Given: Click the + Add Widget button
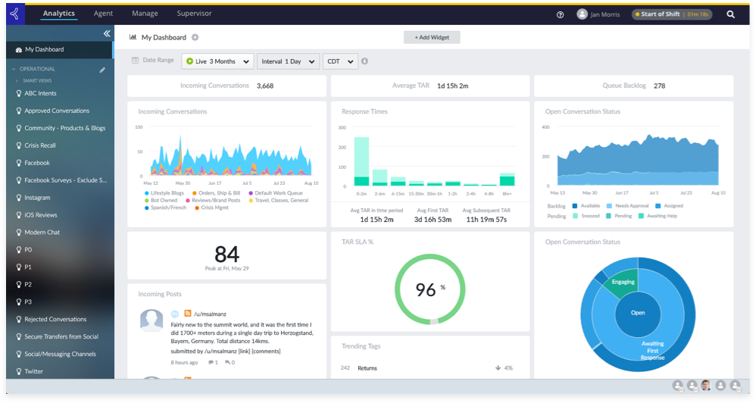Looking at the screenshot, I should point(432,37).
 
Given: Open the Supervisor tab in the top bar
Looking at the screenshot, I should point(194,14).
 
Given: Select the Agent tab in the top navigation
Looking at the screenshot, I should point(103,14).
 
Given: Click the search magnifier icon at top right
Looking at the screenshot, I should point(731,14).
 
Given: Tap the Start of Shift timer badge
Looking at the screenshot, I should point(672,14).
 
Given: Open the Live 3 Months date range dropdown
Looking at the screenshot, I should point(217,61).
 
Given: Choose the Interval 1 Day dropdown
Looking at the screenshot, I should point(287,61).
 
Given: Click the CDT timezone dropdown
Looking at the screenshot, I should point(340,61).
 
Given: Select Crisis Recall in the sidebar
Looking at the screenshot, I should point(40,145).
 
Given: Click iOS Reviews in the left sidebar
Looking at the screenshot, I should point(42,215).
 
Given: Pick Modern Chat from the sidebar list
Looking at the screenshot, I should point(42,233).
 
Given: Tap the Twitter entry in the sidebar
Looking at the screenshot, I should point(34,372).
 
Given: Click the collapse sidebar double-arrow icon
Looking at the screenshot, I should point(107,34).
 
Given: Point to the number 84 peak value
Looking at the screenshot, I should point(226,254).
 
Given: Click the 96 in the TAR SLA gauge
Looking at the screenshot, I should point(426,289).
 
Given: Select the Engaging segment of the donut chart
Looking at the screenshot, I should point(623,282).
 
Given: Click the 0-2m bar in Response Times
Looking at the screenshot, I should point(361,161).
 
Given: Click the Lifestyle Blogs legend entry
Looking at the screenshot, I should point(166,193).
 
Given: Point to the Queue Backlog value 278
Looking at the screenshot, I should point(659,86).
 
